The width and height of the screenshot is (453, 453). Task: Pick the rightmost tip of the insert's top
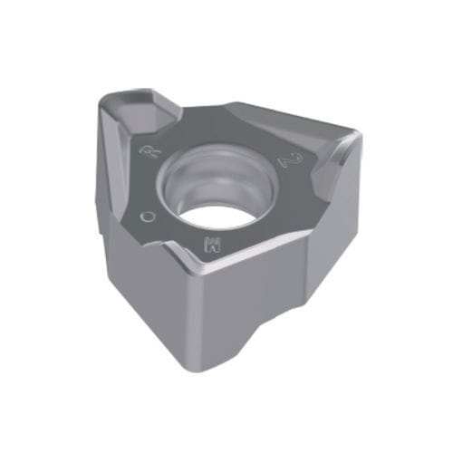tap(361, 138)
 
